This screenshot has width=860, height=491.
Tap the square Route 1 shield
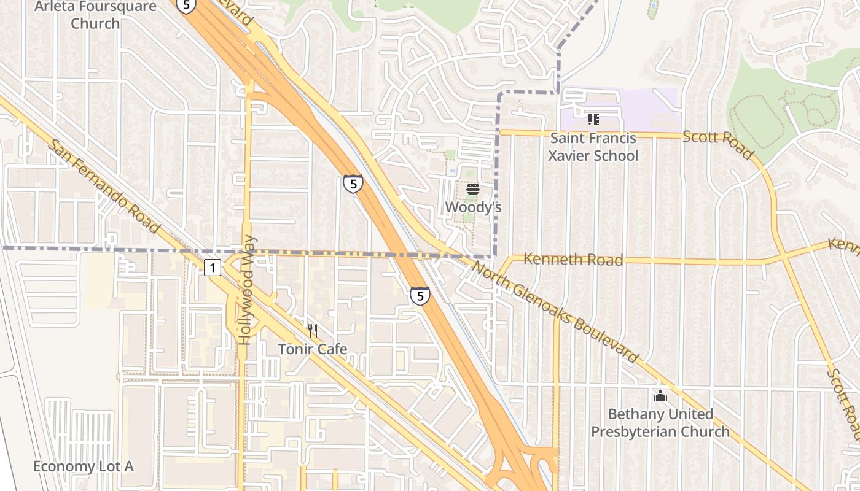pyautogui.click(x=212, y=268)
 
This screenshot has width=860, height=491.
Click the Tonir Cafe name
pyautogui.click(x=313, y=349)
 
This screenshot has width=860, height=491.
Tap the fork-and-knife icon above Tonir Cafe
pyautogui.click(x=313, y=331)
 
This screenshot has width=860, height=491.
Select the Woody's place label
pyautogui.click(x=473, y=207)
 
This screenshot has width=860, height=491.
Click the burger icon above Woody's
pyautogui.click(x=472, y=189)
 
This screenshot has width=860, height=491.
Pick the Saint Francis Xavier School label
pyautogui.click(x=593, y=147)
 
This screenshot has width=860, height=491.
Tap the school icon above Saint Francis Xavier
pyautogui.click(x=593, y=119)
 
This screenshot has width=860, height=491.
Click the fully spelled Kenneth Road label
pyautogui.click(x=573, y=260)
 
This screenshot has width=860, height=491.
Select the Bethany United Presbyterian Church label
pyautogui.click(x=660, y=423)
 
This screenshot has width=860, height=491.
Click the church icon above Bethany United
pyautogui.click(x=660, y=396)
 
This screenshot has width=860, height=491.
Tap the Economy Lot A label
pyautogui.click(x=83, y=466)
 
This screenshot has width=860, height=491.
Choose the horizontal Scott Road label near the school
pyautogui.click(x=717, y=144)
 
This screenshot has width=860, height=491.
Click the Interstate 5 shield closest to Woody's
pyautogui.click(x=353, y=184)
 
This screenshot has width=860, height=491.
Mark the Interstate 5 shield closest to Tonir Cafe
pyautogui.click(x=420, y=296)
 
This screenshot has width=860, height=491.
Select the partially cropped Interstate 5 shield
pyautogui.click(x=186, y=6)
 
